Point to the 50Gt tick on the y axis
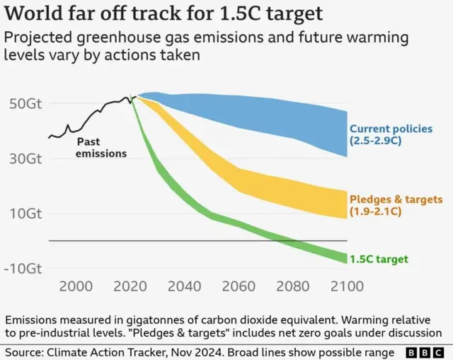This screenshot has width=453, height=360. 25,103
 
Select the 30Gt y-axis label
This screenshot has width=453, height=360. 25,158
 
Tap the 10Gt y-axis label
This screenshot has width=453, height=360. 25,214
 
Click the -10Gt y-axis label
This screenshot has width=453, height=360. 23,269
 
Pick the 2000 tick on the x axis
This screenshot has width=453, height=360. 76,286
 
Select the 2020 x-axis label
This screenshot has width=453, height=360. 130,286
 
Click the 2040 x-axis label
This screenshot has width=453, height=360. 183,286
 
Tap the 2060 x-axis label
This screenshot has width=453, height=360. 238,286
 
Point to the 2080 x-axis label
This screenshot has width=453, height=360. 292,286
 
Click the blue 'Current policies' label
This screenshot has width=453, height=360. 390,129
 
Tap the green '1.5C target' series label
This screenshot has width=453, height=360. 379,260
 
